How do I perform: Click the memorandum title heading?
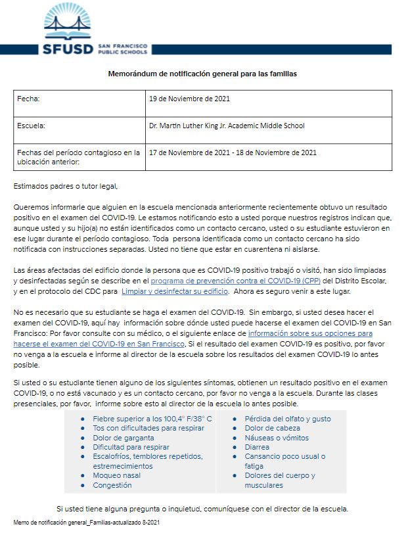pos(202,74)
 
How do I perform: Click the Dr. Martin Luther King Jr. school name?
pos(227,126)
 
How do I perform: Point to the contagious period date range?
pos(233,153)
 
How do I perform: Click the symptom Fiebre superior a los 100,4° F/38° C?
pos(152,419)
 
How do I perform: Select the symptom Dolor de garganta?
pos(124,438)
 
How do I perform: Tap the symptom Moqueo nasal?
pos(117,476)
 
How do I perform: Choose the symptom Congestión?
pos(112,485)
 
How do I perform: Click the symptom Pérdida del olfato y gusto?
pos(288,419)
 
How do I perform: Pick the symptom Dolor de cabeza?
pos(273,428)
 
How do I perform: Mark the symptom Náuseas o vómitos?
pos(277,438)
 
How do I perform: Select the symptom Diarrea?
pos(258,447)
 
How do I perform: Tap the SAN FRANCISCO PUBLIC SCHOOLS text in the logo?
pos(122,49)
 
